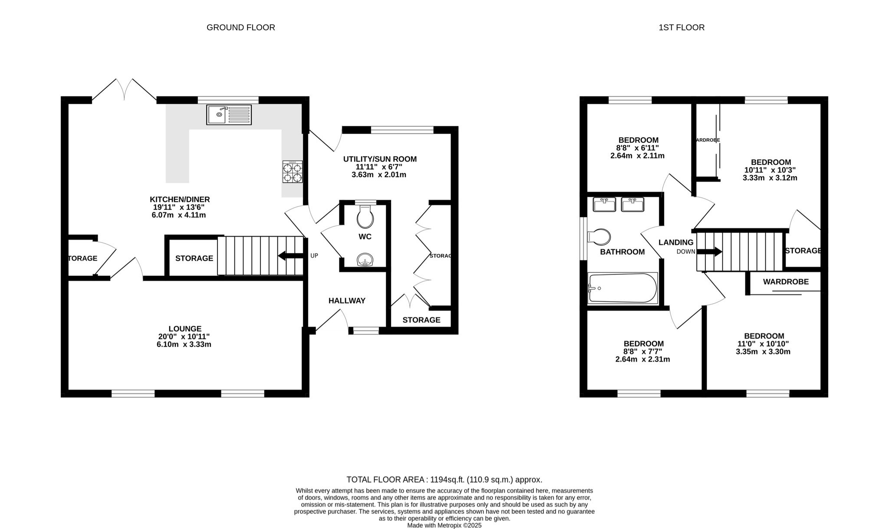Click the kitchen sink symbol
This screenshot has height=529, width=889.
[229, 115]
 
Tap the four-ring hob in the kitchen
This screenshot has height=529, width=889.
[293, 172]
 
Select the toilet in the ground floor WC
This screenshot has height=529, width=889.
[365, 217]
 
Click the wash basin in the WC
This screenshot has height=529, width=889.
[365, 260]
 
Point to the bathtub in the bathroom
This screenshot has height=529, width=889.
[622, 288]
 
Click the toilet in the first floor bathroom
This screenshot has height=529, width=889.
[599, 237]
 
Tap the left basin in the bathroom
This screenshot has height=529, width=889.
[604, 204]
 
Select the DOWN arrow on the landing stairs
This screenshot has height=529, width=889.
[709, 251]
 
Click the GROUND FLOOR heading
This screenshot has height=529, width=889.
[240, 27]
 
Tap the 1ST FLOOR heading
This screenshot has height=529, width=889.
[682, 27]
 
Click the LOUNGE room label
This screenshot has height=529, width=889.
[185, 329]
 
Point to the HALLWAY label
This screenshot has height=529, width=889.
[347, 301]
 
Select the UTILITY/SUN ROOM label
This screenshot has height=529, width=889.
[380, 159]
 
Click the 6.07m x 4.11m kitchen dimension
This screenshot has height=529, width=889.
[179, 215]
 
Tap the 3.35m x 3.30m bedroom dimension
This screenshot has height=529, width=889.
[763, 352]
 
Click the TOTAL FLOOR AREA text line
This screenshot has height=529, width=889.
[444, 479]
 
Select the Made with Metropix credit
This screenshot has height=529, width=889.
[444, 525]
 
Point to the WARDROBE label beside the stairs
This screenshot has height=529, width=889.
[786, 282]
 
